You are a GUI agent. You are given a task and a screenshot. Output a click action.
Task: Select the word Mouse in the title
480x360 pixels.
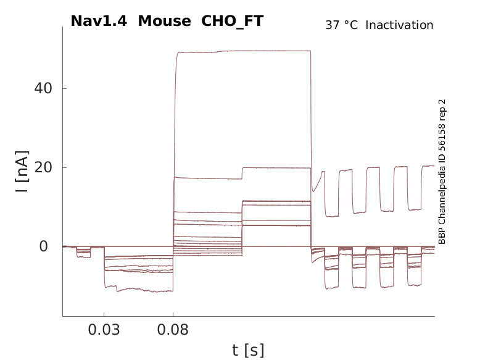[164, 21]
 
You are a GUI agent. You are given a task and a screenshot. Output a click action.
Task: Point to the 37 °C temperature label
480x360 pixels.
[341, 25]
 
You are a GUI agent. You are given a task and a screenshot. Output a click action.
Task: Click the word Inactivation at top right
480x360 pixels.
[399, 25]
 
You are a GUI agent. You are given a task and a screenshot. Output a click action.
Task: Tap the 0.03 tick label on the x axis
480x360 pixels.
[104, 330]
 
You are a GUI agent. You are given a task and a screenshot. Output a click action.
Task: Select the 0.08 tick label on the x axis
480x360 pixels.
[173, 330]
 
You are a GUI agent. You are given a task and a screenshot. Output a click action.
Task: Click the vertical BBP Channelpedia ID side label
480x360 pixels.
[442, 171]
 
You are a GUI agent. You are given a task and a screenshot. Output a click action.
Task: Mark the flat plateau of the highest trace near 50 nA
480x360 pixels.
[247, 51]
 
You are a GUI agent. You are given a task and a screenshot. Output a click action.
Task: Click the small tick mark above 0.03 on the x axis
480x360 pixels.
[104, 315]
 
